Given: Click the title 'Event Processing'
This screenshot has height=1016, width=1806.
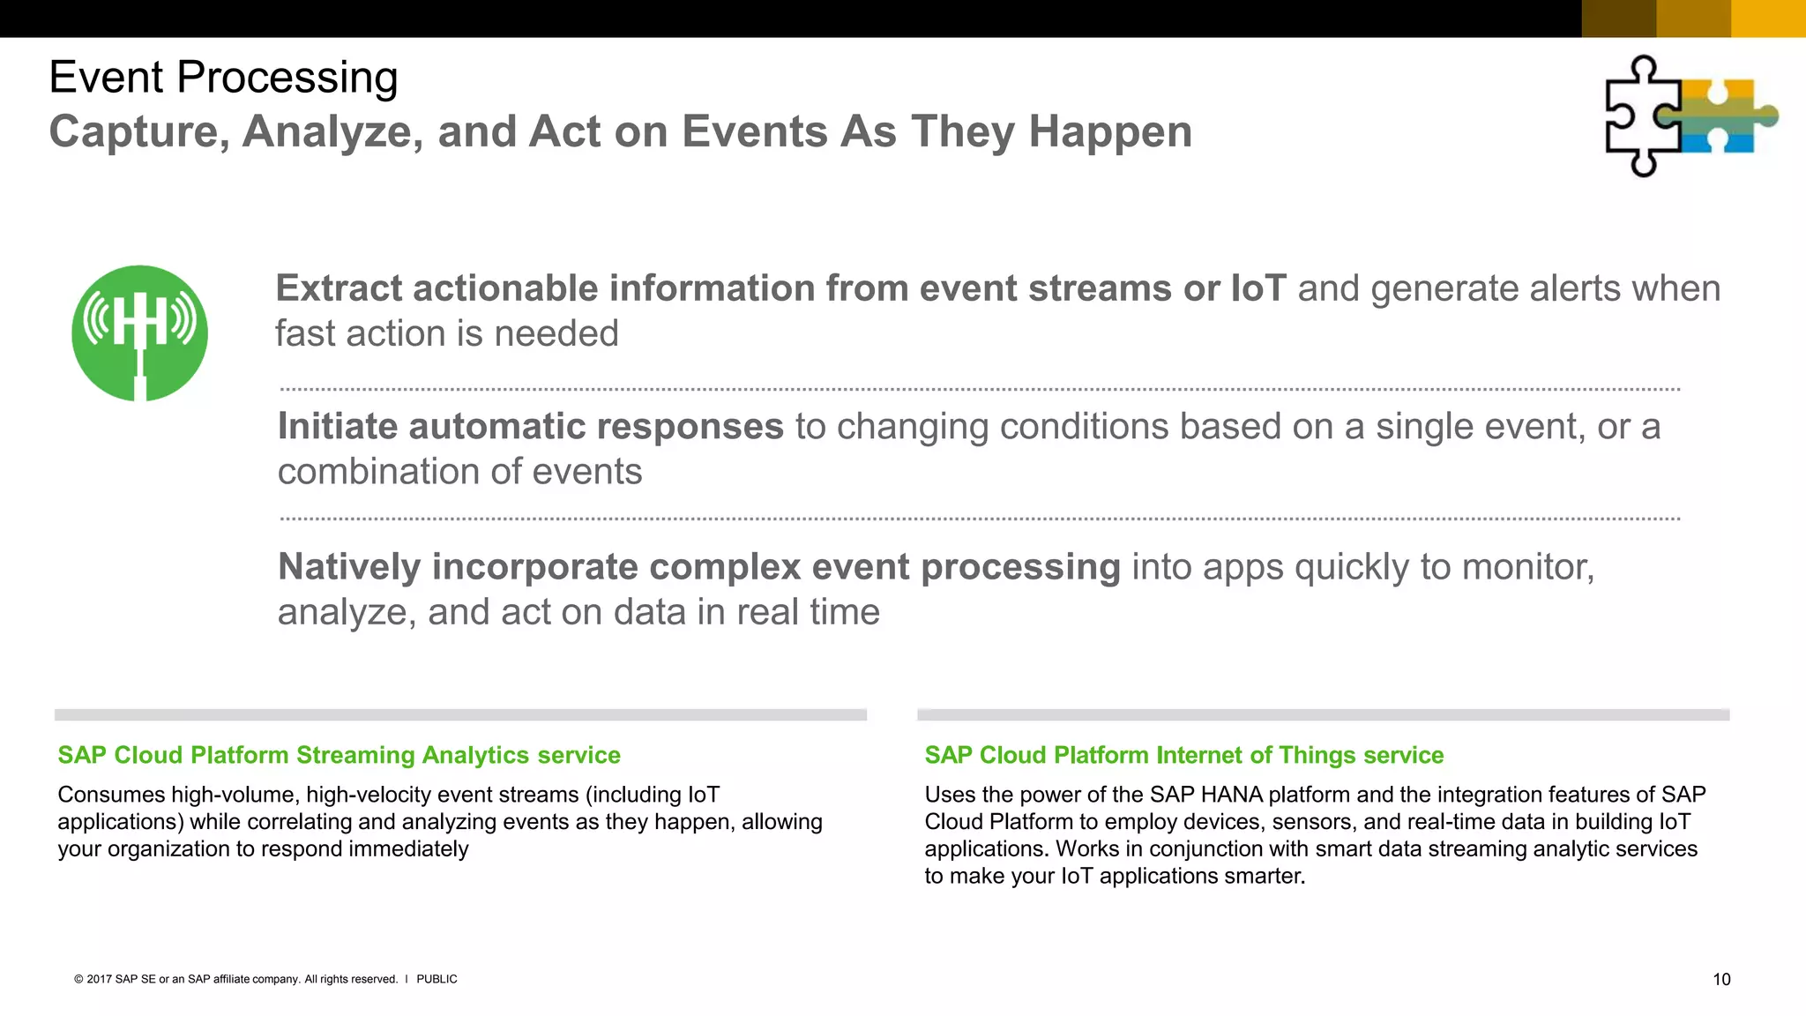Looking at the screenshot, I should coord(223,78).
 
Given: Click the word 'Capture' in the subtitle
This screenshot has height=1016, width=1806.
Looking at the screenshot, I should coord(133,132).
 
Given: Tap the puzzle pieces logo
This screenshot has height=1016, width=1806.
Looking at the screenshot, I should coord(1690,116).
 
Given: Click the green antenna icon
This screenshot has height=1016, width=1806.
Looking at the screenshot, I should coord(139,333).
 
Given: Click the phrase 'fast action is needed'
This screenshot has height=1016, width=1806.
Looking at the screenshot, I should coord(446,334).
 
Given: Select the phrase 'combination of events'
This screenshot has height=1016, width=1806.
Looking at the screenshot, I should coord(459,472).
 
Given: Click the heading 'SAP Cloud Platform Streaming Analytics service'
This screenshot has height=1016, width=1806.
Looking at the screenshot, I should coord(339,755).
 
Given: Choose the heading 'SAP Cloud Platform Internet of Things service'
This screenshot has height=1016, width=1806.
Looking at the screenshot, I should coord(1183,755).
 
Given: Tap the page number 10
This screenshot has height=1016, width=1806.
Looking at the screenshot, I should coord(1721,980).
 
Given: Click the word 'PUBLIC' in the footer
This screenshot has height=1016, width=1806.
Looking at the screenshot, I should coord(437,979).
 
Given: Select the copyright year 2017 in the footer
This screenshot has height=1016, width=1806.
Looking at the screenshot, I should coord(99,979).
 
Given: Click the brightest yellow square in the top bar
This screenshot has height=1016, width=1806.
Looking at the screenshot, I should coord(1767,19).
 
